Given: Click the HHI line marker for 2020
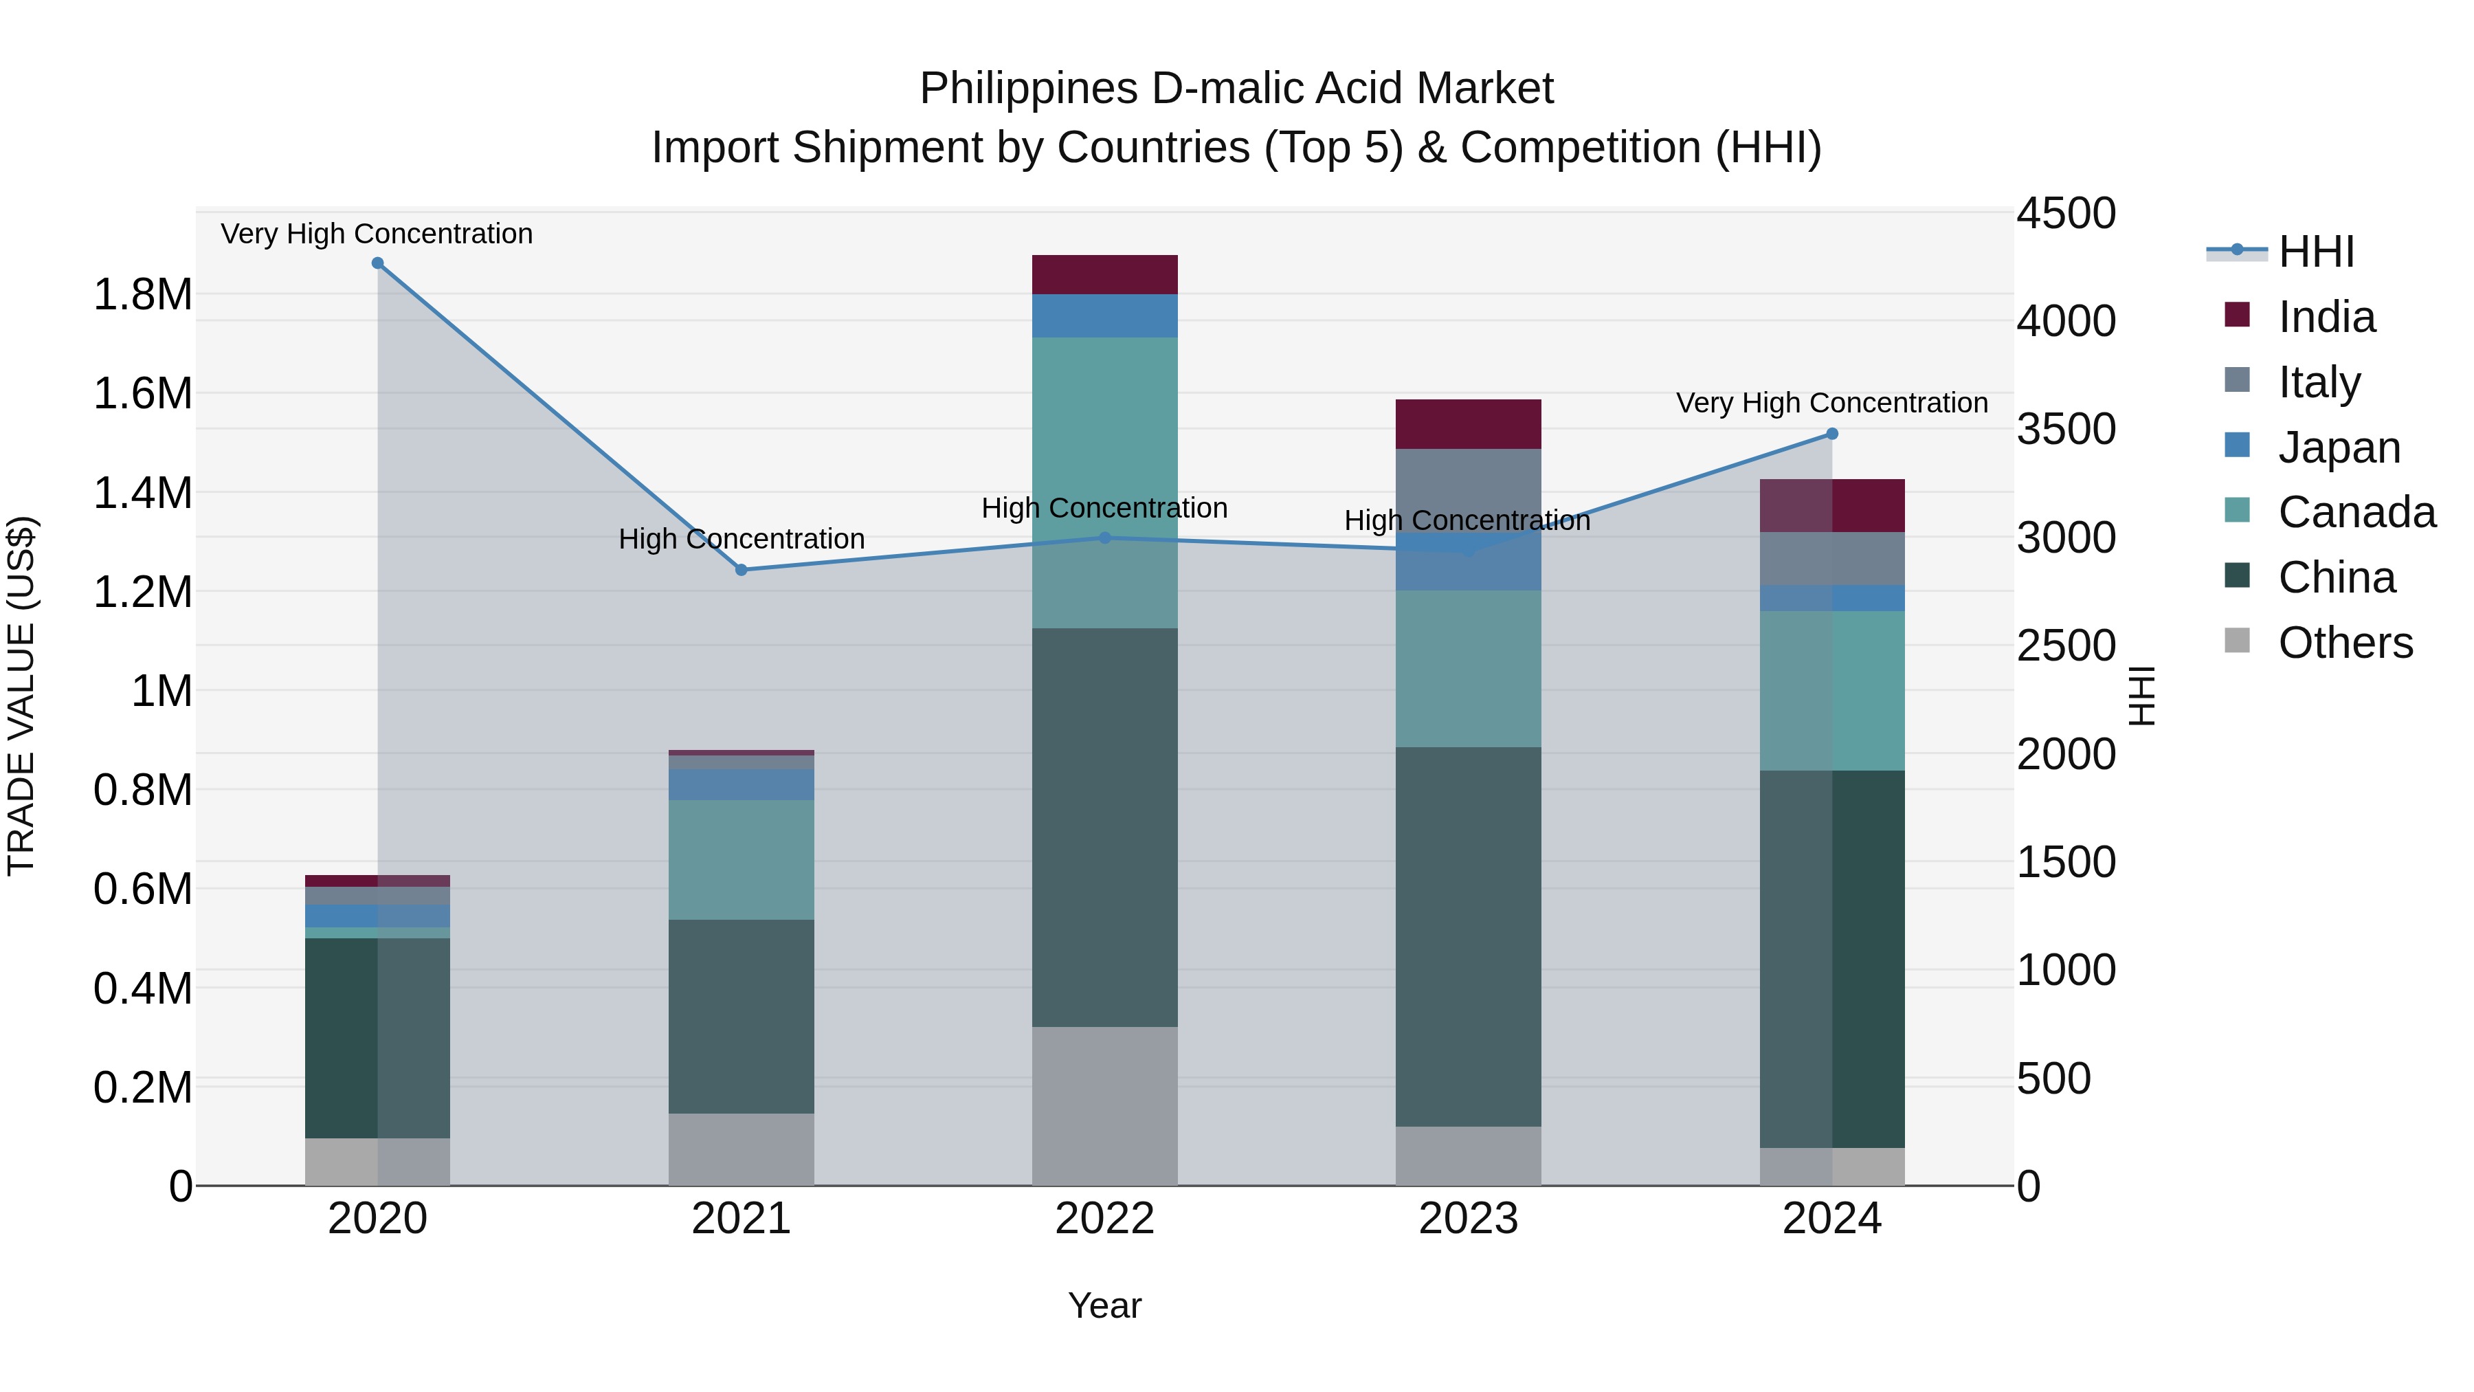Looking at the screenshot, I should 377,263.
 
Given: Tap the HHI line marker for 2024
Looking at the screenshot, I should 1831,434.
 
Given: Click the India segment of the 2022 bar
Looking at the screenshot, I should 1104,275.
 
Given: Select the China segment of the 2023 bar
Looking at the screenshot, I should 1467,937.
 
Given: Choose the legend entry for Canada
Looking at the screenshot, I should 2356,512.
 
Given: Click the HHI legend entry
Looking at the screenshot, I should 2315,252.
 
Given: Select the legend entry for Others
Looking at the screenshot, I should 2344,643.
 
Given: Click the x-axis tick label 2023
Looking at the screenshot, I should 1467,1219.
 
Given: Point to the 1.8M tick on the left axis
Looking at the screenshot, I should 143,295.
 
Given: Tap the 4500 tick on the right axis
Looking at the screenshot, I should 2065,213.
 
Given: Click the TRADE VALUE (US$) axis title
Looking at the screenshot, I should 21,696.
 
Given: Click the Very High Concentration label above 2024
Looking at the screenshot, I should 1831,404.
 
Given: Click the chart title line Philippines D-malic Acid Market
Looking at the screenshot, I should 1236,89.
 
